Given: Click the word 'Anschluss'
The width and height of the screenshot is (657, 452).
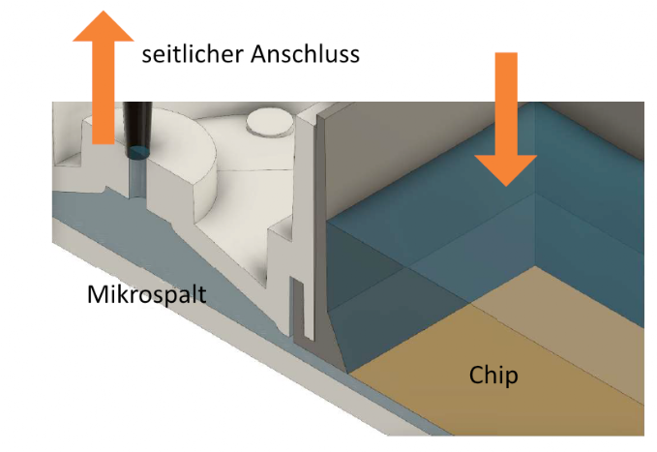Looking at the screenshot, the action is click(305, 54).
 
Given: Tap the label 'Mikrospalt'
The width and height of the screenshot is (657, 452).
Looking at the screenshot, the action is click(147, 295).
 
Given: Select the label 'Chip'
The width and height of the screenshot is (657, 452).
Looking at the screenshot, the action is click(493, 375).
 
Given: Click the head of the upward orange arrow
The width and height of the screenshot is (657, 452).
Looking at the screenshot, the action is click(104, 27).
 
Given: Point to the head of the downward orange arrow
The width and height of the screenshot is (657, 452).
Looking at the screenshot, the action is click(506, 169).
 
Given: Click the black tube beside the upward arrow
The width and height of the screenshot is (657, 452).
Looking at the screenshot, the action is click(137, 128).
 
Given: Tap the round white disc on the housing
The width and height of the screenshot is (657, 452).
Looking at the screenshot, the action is click(269, 123).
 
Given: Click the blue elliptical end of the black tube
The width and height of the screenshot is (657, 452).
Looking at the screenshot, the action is click(137, 153).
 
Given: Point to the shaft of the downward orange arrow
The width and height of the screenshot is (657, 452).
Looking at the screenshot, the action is click(506, 104).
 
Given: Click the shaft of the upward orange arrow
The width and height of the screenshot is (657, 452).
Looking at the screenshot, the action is click(104, 92).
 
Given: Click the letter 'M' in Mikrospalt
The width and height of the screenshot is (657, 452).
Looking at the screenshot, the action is click(97, 295).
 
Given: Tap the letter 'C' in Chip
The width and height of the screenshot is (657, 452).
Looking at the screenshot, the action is click(476, 375).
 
